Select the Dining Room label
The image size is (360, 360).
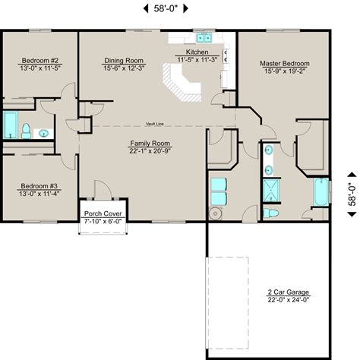tap(124, 59)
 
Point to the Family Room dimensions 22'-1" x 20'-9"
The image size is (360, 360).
tap(150, 150)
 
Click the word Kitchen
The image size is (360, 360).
tap(187, 52)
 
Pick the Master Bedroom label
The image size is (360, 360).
tap(285, 63)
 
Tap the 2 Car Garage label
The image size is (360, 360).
tap(287, 292)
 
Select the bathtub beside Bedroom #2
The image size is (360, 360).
tap(11, 125)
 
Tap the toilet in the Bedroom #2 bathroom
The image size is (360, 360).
tap(26, 131)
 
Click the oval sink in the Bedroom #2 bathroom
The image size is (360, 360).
tap(44, 133)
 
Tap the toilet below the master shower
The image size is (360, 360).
tap(270, 213)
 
